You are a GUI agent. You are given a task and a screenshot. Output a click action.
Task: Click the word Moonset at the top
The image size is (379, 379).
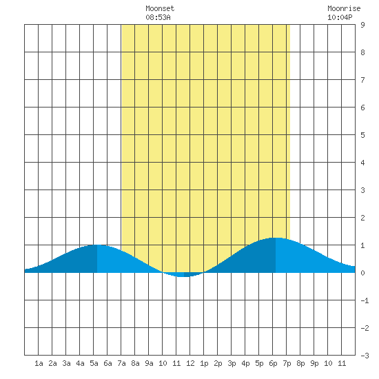[x=160, y=8]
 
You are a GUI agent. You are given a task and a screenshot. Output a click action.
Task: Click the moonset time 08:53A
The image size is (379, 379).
[x=158, y=17]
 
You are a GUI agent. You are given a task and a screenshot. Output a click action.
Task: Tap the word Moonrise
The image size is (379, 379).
[x=344, y=8]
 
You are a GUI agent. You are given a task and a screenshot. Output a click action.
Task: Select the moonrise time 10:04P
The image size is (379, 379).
[x=340, y=17]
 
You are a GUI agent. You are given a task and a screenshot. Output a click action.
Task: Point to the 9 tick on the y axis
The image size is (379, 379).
[x=362, y=25]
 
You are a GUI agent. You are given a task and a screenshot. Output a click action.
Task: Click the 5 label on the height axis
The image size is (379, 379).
[x=362, y=135]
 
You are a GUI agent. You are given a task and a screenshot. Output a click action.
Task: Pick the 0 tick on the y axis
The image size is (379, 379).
[x=362, y=273]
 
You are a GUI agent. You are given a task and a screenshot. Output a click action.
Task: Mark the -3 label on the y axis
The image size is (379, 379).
[x=365, y=356]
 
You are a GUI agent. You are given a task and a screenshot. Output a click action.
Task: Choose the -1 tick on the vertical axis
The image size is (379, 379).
[x=365, y=300]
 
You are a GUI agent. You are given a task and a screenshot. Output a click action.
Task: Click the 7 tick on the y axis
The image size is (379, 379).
[x=362, y=80]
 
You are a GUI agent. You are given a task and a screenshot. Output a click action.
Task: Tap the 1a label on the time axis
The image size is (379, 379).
[x=39, y=363]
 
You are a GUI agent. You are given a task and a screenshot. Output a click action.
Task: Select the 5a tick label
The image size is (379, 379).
[x=94, y=363]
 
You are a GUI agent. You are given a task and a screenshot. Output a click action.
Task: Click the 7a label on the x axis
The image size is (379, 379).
[x=121, y=363]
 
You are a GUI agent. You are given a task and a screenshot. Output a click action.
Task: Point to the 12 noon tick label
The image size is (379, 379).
[x=190, y=363]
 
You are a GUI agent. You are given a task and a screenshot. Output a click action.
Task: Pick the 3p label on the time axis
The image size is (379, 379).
[x=232, y=363]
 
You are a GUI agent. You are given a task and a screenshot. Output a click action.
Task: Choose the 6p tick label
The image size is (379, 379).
[x=273, y=363]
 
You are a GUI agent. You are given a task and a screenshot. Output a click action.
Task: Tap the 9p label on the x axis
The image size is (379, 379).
[x=314, y=363]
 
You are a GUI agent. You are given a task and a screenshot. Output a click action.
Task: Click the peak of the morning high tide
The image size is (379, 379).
[x=97, y=245]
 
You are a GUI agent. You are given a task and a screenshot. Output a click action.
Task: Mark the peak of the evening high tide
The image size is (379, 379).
[x=276, y=238]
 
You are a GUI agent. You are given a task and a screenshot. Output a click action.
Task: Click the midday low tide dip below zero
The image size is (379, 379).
[x=184, y=276]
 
